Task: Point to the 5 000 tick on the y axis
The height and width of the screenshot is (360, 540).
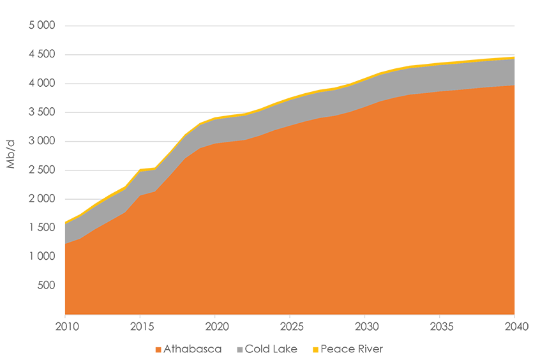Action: click(43, 26)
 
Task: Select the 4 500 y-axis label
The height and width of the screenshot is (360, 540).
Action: click(43, 55)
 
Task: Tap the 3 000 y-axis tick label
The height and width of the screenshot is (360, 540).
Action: click(43, 142)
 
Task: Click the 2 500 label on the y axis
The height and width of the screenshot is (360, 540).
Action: click(43, 170)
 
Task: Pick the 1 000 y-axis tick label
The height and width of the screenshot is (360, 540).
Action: click(43, 257)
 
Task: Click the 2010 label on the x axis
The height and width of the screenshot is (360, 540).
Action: click(65, 326)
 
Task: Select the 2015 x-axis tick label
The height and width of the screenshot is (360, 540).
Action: click(140, 326)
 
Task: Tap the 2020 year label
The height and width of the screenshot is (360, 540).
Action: click(214, 326)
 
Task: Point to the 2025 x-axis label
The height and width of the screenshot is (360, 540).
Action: click(290, 326)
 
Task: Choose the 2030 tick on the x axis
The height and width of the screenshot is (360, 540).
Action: click(364, 326)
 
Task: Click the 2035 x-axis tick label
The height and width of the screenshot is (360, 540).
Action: click(439, 326)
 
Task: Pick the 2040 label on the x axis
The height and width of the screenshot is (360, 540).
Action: click(514, 326)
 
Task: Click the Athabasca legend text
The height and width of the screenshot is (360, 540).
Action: click(192, 349)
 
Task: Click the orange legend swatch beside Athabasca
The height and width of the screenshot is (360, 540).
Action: click(158, 350)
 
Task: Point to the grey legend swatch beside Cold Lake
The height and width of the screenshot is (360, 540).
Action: click(239, 350)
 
